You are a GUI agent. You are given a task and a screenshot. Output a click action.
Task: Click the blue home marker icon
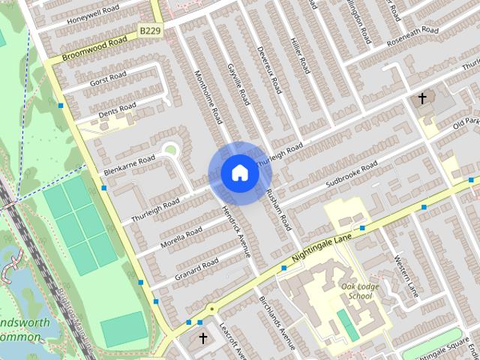(x=240, y=172)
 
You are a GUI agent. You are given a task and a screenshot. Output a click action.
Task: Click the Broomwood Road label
(x=95, y=49)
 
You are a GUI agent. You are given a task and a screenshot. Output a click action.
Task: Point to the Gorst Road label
(x=108, y=77)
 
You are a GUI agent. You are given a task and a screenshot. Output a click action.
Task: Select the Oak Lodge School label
(x=356, y=291)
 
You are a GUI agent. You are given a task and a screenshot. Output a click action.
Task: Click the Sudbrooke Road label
(x=351, y=176)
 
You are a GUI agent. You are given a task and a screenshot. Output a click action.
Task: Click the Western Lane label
(x=405, y=273)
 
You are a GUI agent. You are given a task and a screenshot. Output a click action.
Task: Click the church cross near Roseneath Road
(x=422, y=98)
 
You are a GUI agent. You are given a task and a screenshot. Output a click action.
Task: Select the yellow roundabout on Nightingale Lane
(x=211, y=307)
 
